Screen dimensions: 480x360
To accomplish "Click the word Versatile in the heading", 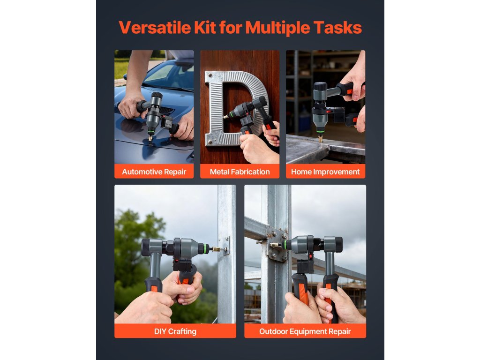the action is [x=155, y=28].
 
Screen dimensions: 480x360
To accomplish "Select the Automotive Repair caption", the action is [x=154, y=172].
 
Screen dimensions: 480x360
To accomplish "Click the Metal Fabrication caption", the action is [x=240, y=172].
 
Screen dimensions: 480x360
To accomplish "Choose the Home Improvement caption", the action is [x=325, y=172].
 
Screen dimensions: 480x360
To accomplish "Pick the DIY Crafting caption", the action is [x=175, y=331].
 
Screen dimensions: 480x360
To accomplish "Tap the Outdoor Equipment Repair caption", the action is [x=305, y=331].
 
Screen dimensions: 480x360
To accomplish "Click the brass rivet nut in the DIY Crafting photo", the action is [x=219, y=249].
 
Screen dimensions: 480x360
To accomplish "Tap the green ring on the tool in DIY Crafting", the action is [x=203, y=249].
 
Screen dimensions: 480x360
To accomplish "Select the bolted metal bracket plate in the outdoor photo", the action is [x=277, y=245].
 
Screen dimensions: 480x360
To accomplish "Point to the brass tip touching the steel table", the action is [x=321, y=140].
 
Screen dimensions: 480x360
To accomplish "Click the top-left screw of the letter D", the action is [x=210, y=75].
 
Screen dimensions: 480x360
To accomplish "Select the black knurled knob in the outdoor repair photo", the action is [x=338, y=244].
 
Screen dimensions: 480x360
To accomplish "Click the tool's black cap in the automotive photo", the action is [x=157, y=95].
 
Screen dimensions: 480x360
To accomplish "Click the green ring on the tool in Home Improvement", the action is [x=320, y=132].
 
